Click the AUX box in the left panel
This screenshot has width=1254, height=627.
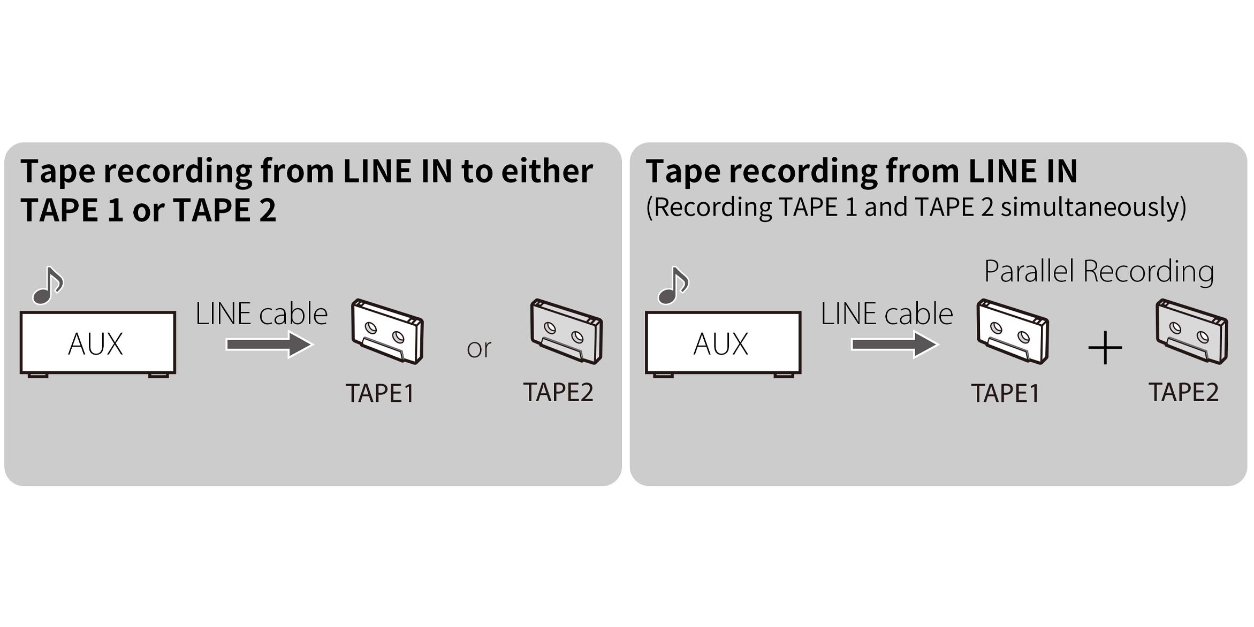tap(97, 342)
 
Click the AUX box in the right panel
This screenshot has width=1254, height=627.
tap(723, 342)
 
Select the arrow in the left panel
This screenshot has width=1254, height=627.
tap(269, 344)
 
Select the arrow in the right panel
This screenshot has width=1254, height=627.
tap(894, 344)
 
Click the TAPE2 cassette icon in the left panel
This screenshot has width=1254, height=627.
tap(566, 331)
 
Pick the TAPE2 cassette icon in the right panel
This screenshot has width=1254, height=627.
tap(1192, 331)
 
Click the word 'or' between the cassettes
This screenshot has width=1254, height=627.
tap(479, 348)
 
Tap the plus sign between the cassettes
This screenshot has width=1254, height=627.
tap(1105, 348)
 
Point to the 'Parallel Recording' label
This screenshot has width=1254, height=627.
tap(1099, 271)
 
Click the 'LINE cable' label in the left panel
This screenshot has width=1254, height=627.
tap(261, 313)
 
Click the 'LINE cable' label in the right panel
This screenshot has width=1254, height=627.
tap(887, 313)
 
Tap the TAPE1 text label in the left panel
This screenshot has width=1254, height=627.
tap(380, 393)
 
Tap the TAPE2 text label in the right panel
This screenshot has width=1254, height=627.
tap(1184, 392)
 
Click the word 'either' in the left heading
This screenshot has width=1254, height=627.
tap(547, 171)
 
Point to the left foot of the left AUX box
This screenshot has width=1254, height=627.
tap(38, 376)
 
